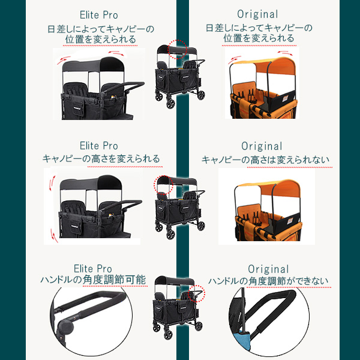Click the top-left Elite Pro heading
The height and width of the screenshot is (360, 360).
(99, 15)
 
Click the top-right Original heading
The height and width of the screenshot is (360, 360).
(257, 14)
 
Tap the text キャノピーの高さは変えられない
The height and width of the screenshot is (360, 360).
(265, 160)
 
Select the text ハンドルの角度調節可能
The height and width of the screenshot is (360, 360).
(93, 280)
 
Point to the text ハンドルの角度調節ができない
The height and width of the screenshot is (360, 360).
(268, 281)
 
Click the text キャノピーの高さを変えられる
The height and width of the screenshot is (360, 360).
(101, 158)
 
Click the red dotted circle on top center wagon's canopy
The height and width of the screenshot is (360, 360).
(178, 49)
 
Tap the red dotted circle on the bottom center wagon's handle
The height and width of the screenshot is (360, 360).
(196, 293)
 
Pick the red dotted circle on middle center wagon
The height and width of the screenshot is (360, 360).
(163, 185)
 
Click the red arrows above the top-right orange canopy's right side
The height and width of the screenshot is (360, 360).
(285, 53)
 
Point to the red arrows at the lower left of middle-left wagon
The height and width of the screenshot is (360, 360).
(54, 236)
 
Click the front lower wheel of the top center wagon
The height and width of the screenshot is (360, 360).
(170, 104)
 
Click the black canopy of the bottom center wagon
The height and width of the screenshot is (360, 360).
(175, 281)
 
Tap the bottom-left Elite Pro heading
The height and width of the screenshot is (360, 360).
(93, 269)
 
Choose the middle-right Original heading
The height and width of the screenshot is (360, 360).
(262, 146)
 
